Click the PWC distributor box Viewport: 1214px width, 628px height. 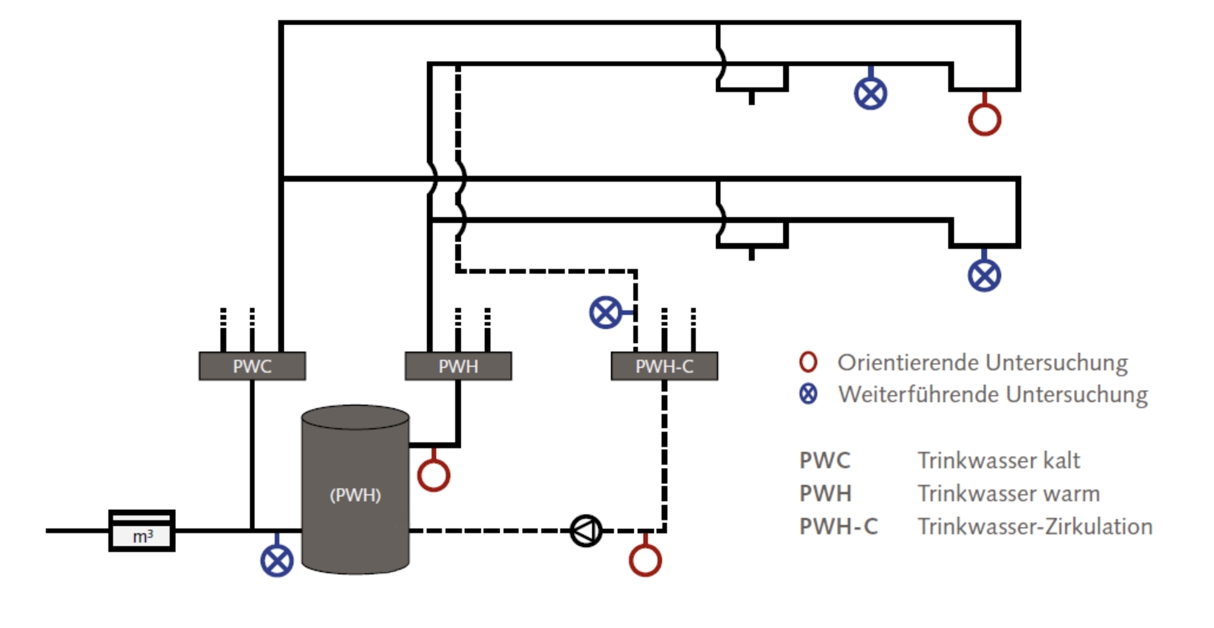(252, 366)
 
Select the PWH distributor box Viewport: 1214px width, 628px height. (458, 366)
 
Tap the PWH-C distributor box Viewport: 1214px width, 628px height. (664, 366)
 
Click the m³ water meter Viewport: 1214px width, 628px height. (142, 530)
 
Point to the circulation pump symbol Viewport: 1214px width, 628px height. (586, 530)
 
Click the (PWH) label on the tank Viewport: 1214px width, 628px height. (355, 494)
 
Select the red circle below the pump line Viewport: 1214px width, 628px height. (645, 560)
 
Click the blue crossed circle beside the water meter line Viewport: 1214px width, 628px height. (277, 560)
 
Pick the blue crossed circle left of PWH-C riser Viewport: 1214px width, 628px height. (605, 312)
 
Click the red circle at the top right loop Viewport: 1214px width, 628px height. (984, 119)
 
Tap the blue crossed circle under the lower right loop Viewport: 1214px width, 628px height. (984, 275)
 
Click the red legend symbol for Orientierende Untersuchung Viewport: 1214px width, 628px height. (808, 362)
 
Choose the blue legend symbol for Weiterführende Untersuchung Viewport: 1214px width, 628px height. (808, 394)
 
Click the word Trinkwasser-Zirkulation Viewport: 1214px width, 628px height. (1035, 526)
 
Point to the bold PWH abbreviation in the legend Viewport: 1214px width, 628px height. (825, 493)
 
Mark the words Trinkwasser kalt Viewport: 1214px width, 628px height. (999, 460)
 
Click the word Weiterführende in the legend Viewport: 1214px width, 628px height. (918, 394)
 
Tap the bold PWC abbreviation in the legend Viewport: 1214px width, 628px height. (825, 460)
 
